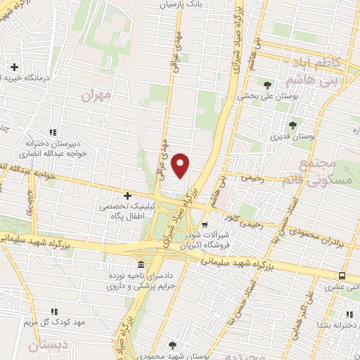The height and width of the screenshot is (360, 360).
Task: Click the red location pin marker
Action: click(x=181, y=165)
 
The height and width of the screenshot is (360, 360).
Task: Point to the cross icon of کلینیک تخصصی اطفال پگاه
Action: click(x=127, y=195)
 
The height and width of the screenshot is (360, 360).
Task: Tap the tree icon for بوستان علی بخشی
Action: click(x=267, y=85)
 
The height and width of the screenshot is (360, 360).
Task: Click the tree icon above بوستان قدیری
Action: click(x=292, y=124)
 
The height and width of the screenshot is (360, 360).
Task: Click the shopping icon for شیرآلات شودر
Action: click(x=205, y=226)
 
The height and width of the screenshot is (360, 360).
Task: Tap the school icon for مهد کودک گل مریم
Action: click(x=53, y=311)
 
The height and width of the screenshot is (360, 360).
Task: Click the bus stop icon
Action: click(x=342, y=276)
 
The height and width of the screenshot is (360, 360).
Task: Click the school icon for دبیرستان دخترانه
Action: click(x=53, y=132)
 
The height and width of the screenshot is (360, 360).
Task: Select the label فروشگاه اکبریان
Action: click(x=208, y=246)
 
